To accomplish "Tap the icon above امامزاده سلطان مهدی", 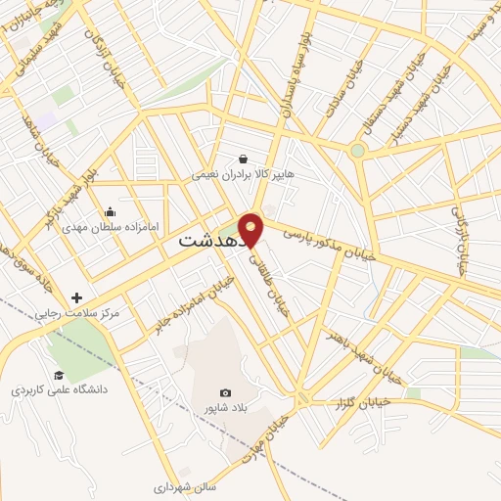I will [110, 211].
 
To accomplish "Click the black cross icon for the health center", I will [75, 297].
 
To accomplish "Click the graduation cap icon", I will [58, 375].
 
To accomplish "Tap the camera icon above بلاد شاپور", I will [226, 392].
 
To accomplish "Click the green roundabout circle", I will [358, 151].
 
